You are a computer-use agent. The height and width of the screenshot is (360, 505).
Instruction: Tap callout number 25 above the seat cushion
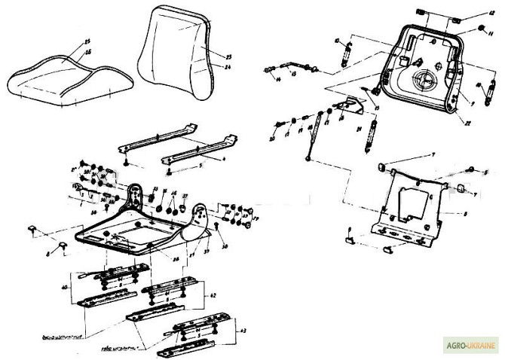pyautogui.click(x=87, y=41)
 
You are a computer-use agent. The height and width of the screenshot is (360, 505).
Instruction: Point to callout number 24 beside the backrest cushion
pyautogui.click(x=208, y=66)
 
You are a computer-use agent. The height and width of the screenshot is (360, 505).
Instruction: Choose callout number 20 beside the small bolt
pyautogui.click(x=272, y=140)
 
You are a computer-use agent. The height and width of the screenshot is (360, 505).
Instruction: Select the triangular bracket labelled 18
pyautogui.click(x=349, y=107)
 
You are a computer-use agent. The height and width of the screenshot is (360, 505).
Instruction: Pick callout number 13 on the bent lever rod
pyautogui.click(x=292, y=75)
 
